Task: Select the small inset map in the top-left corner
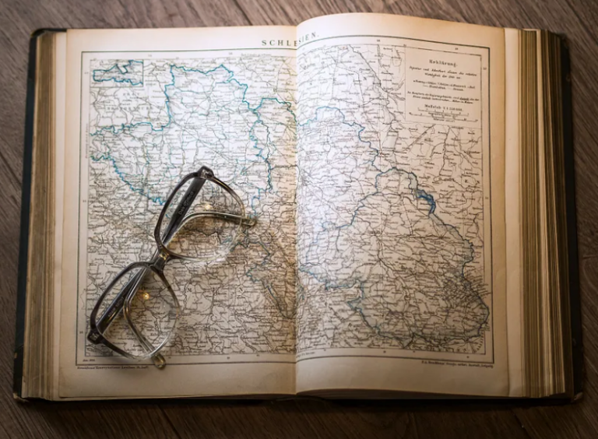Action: pos(118,72)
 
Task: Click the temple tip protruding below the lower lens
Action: pos(158,361)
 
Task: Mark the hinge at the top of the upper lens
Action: pos(204,171)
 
